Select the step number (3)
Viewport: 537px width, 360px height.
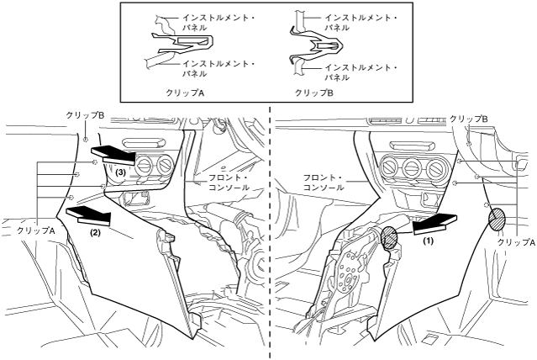[121, 172]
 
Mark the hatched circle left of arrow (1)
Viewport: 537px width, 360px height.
[390, 236]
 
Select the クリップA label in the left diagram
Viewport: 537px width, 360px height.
[34, 229]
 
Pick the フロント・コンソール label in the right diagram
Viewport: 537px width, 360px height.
[322, 182]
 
